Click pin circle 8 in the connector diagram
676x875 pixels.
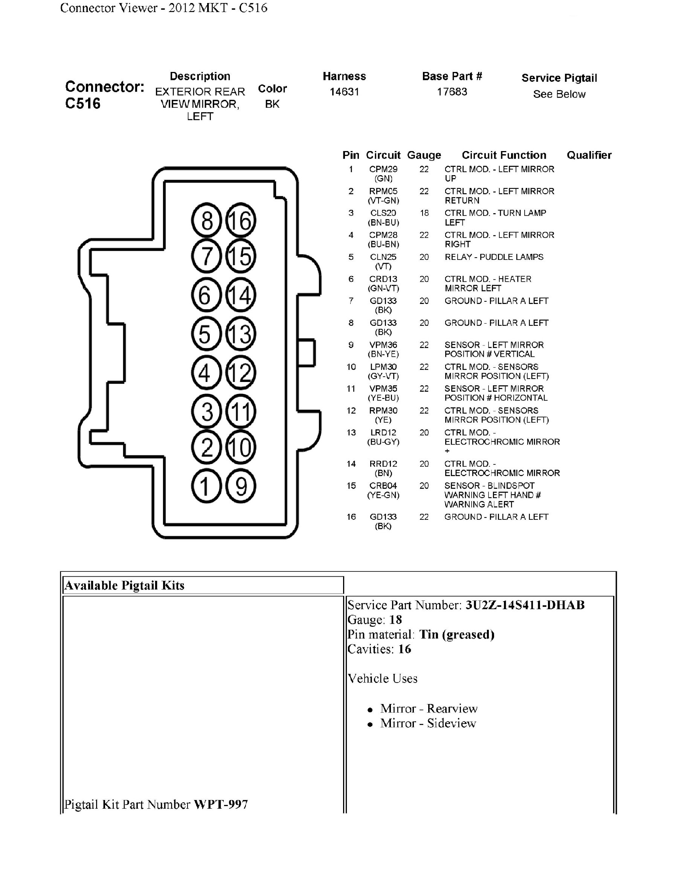(x=206, y=220)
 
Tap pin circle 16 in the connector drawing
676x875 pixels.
(x=241, y=220)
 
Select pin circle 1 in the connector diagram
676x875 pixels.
(x=206, y=486)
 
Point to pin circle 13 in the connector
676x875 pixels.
(x=241, y=334)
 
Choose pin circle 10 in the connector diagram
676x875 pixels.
(x=241, y=447)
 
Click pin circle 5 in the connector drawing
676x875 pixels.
(x=206, y=334)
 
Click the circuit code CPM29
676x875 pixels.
(x=383, y=170)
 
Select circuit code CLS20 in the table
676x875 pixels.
(x=383, y=213)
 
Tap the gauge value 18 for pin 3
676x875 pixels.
(x=424, y=213)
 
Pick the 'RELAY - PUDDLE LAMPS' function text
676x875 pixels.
(x=494, y=257)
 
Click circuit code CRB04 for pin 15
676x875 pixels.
(x=383, y=486)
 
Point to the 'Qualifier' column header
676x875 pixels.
(x=589, y=155)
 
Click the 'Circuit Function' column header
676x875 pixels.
(x=504, y=155)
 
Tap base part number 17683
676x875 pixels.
(x=452, y=92)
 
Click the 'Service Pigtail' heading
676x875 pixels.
(x=559, y=78)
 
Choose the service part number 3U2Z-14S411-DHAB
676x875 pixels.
(x=525, y=605)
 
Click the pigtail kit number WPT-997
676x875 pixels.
(x=221, y=804)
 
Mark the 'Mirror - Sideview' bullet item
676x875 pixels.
(x=428, y=723)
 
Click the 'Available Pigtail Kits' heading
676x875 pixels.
(x=125, y=585)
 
